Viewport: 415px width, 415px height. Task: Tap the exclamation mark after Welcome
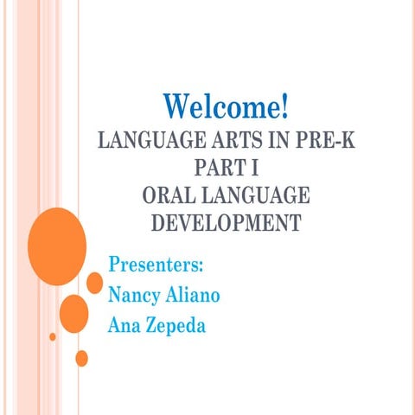click(x=283, y=108)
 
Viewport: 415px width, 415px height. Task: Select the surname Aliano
click(x=195, y=295)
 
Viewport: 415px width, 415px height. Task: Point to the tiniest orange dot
click(x=53, y=335)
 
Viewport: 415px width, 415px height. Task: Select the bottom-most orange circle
click(x=81, y=357)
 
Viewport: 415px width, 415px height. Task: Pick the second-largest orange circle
click(x=73, y=313)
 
